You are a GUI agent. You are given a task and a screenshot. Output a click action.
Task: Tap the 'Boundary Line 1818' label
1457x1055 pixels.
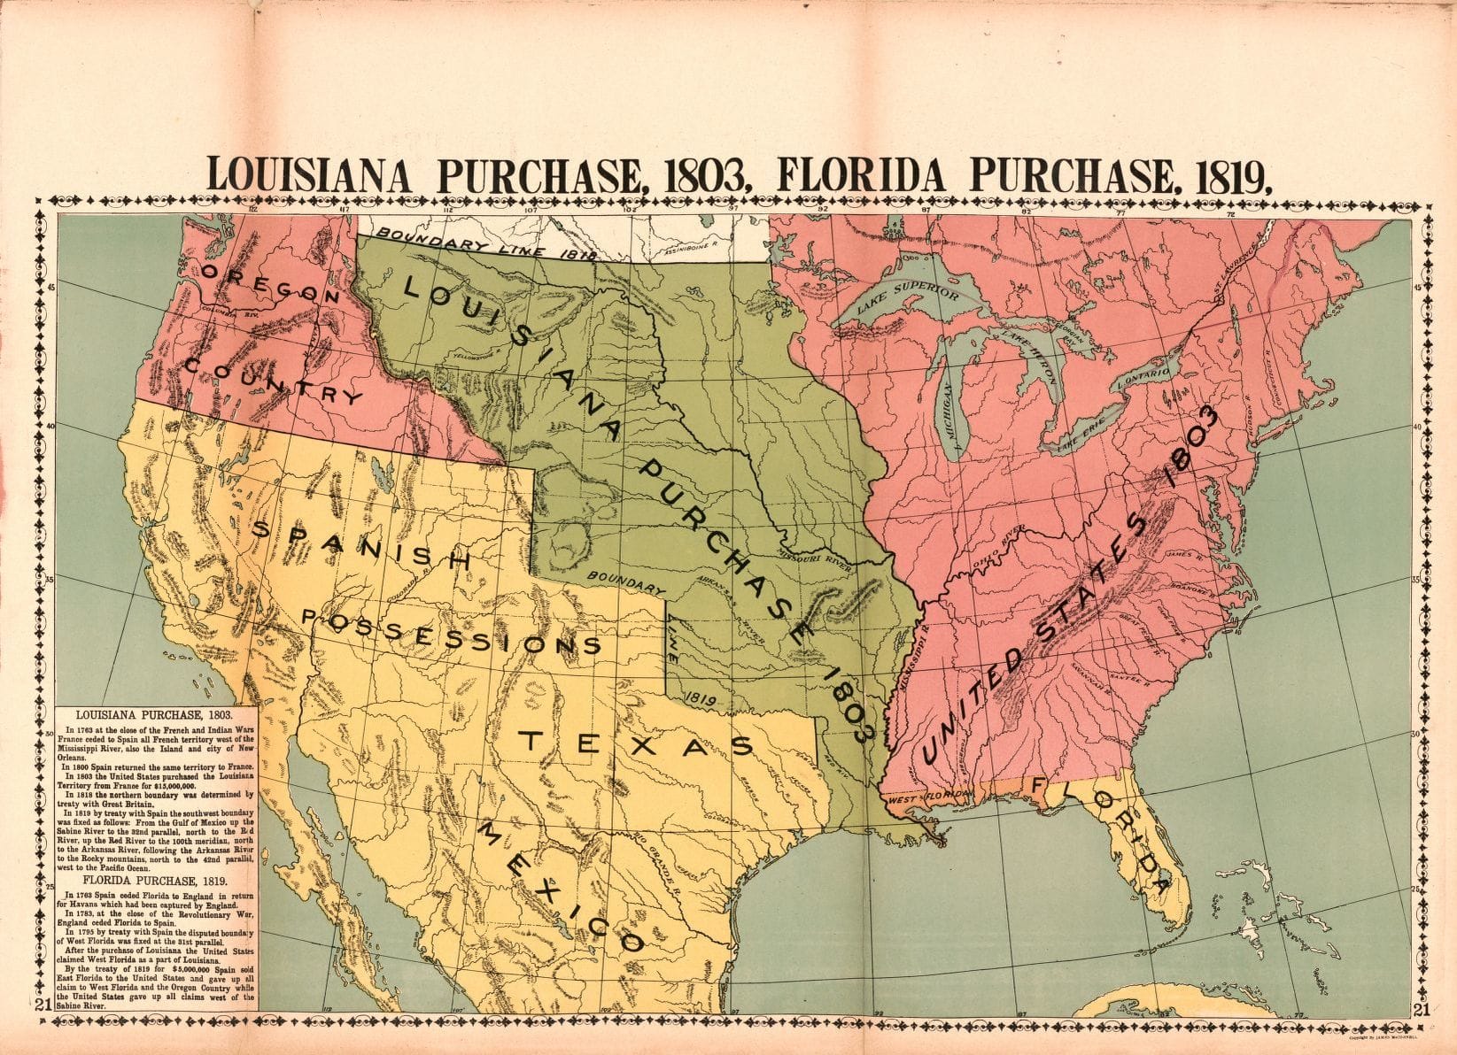[x=483, y=243]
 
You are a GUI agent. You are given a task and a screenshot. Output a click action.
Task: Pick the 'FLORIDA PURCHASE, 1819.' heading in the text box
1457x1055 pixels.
[x=157, y=882]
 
